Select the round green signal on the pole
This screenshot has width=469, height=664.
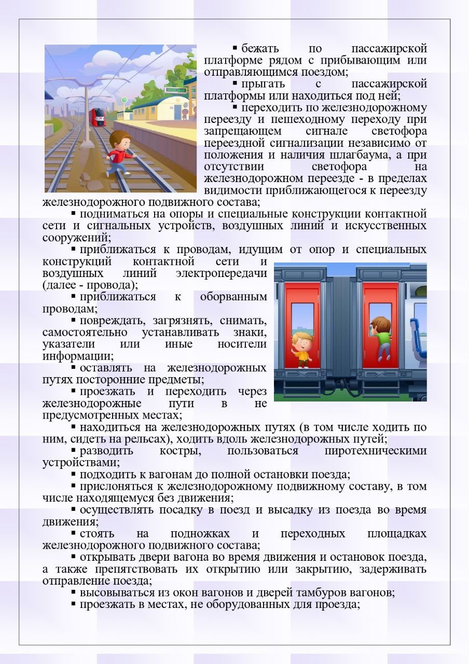coord(125,100)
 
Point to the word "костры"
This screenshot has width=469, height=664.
coord(181,450)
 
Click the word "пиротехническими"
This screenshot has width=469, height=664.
coord(375,450)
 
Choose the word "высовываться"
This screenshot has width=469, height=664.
coord(115,593)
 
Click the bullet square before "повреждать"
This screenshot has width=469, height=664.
coord(74,321)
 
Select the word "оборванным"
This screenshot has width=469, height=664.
coord(233,297)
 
